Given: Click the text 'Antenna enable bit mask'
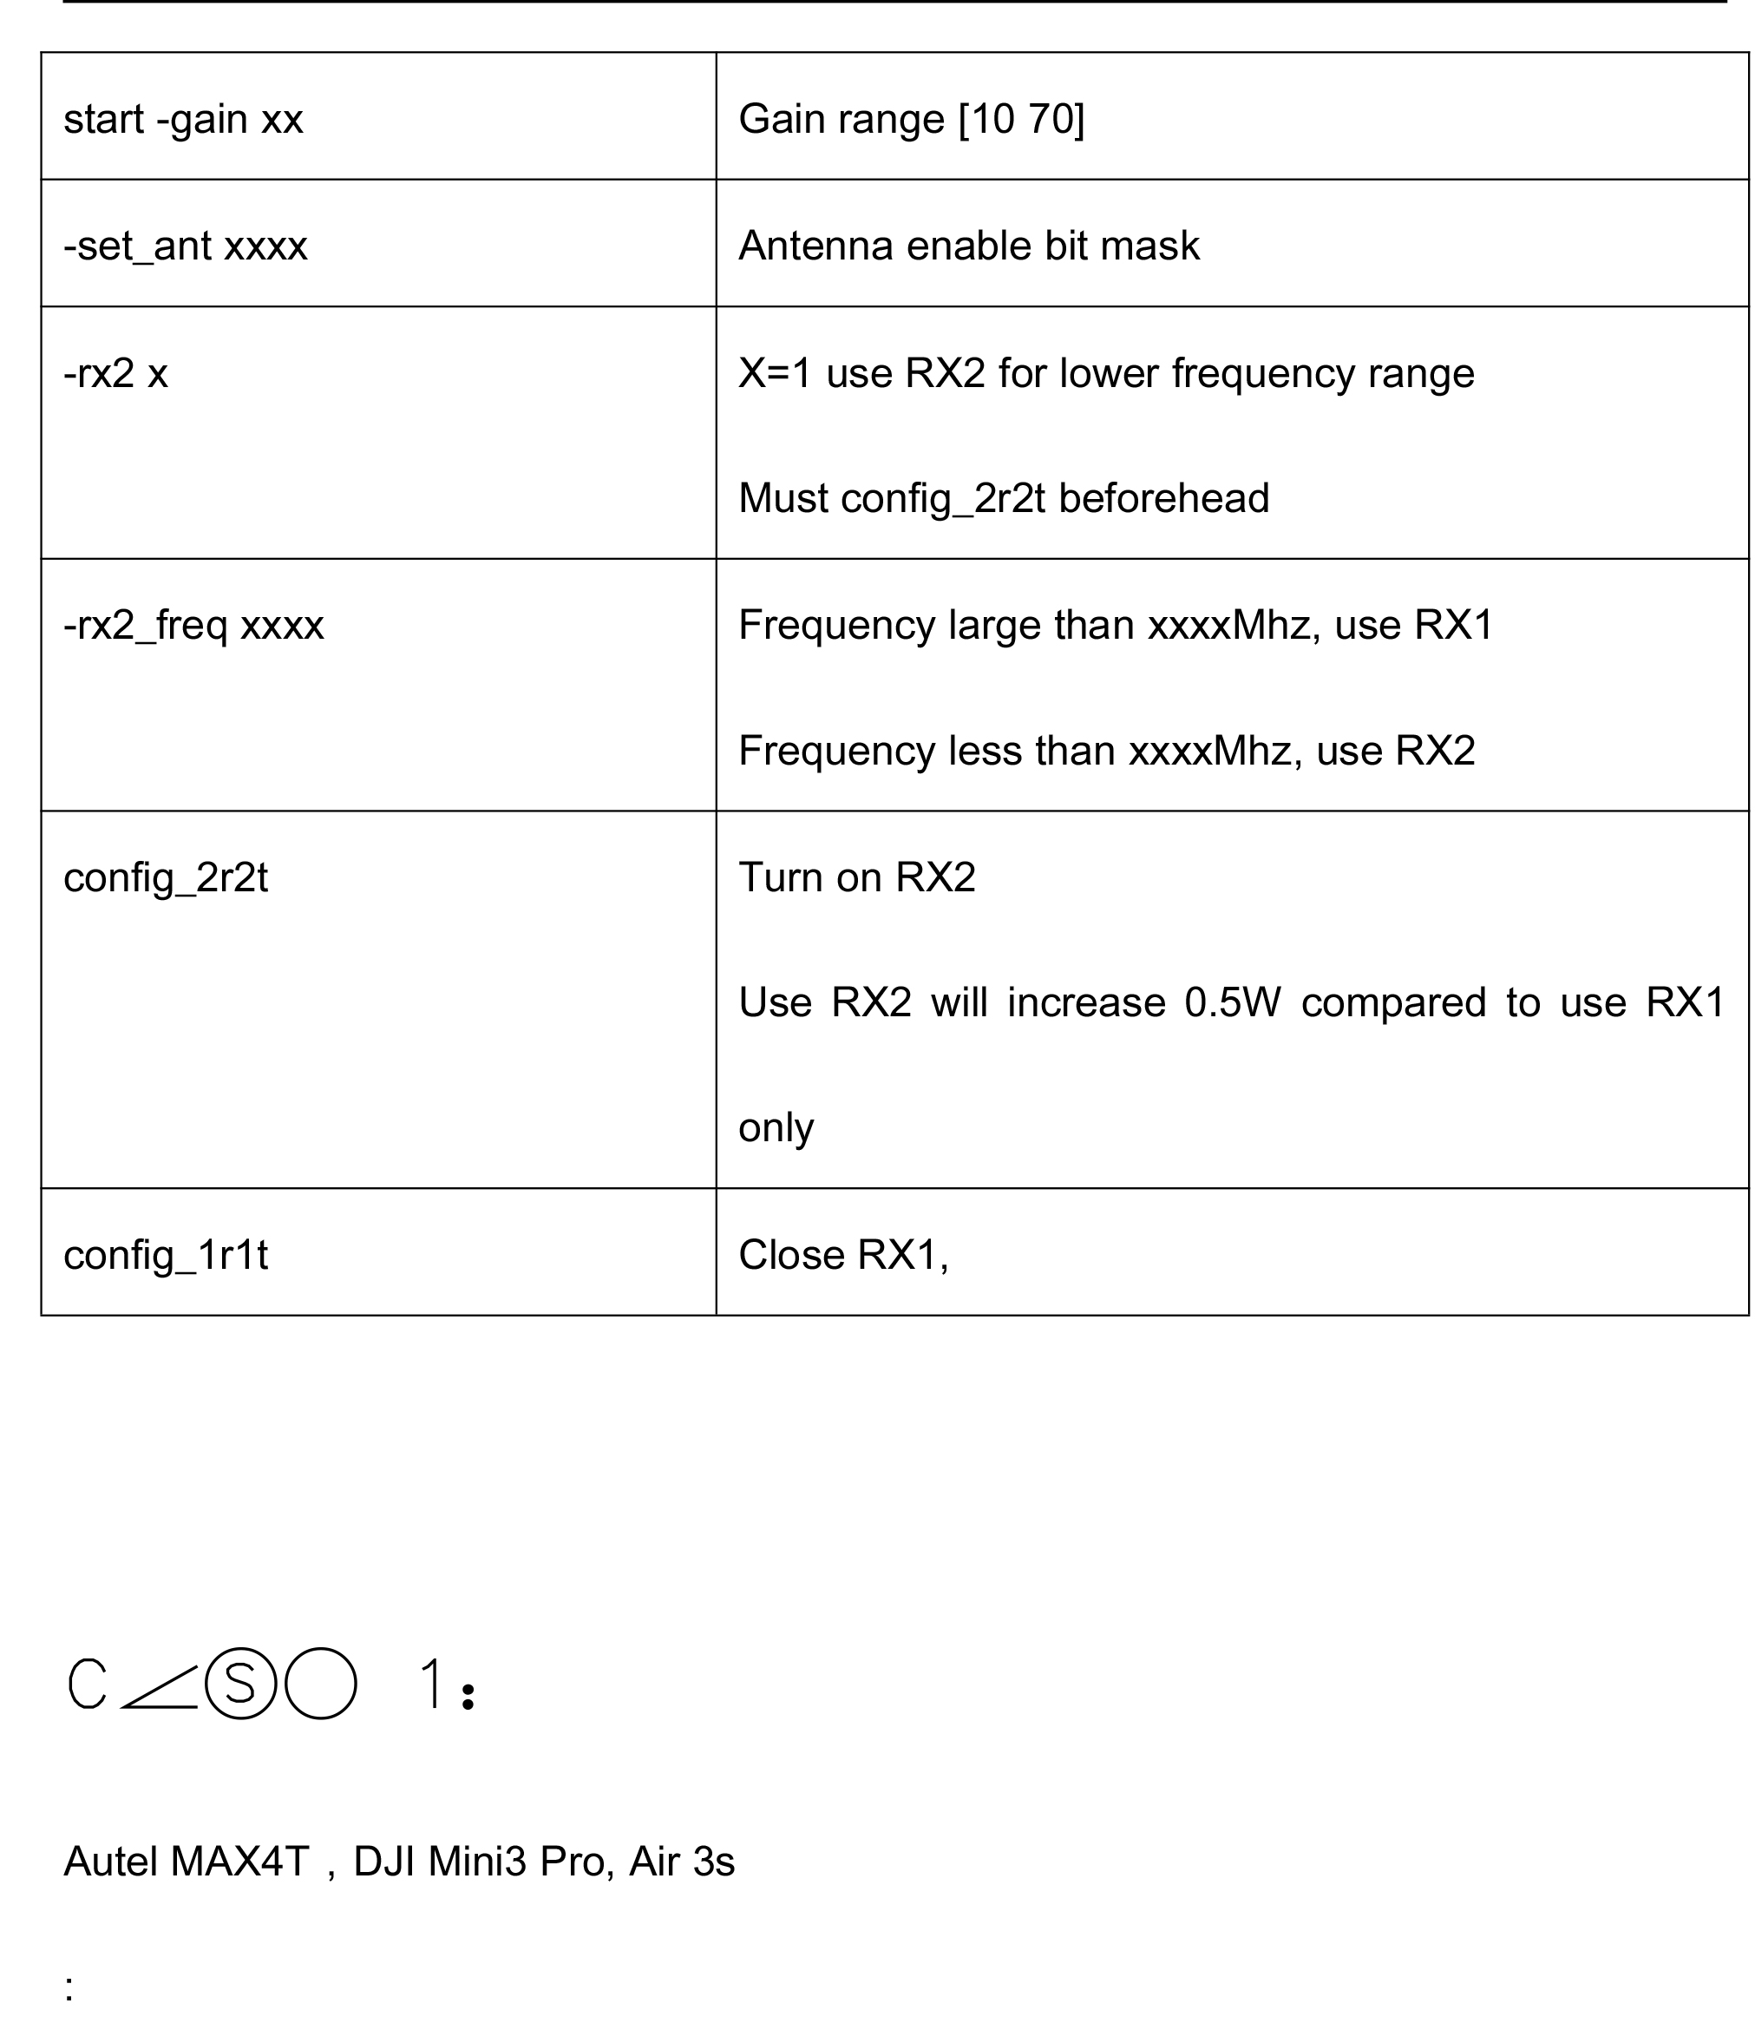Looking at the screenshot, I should point(968,246).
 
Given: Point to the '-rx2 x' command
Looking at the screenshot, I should point(115,373).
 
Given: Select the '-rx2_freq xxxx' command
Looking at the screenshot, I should point(193,625).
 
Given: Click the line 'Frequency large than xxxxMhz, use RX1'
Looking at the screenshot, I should point(1116,625).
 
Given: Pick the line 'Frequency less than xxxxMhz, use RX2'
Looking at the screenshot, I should point(1106,752).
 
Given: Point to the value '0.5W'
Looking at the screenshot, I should point(1232,1002).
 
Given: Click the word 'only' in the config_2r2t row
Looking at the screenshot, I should point(776,1127).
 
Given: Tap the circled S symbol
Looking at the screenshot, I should point(241,1683).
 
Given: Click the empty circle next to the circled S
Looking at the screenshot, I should point(320,1683).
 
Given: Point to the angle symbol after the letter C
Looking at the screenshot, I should point(160,1687).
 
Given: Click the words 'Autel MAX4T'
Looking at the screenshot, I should point(186,1862).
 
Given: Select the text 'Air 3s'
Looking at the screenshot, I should point(682,1862).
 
